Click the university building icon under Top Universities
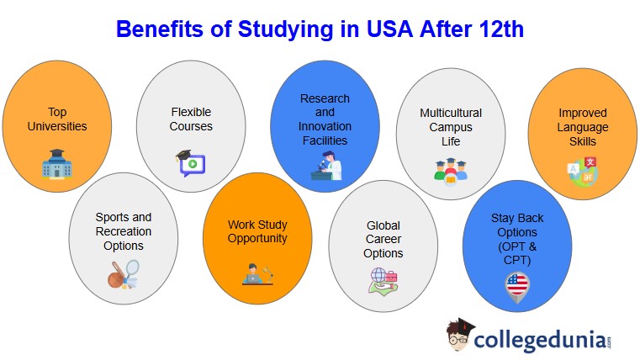[56, 165]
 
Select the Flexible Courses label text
[191, 119]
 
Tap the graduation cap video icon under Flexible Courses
[190, 161]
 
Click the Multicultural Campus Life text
[451, 126]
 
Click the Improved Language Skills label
[583, 126]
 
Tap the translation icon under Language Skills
[582, 171]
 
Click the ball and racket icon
[123, 274]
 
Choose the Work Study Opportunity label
[257, 231]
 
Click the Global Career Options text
[383, 239]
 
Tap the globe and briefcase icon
[383, 280]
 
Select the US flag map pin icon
[517, 286]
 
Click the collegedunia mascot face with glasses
[460, 336]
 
